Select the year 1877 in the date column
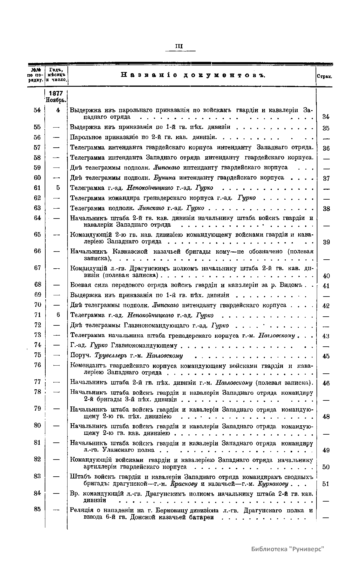56,94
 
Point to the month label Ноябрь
56,100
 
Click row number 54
37,110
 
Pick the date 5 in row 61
58,188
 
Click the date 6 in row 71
58,315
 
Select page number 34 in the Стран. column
326,116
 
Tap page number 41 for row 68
326,286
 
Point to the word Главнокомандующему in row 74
144,345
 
